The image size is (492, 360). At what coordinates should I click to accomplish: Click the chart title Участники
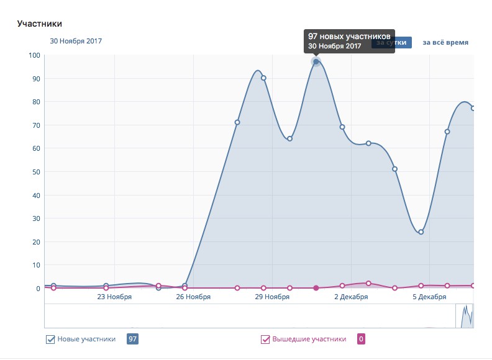pyautogui.click(x=40, y=24)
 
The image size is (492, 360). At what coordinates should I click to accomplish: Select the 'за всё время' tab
pyautogui.click(x=445, y=43)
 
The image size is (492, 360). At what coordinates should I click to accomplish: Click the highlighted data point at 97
pyautogui.click(x=316, y=61)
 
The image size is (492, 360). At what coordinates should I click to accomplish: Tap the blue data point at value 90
pyautogui.click(x=263, y=78)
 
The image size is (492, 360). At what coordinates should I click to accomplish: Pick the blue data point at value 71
pyautogui.click(x=237, y=122)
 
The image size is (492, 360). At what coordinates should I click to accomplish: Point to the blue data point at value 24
pyautogui.click(x=421, y=232)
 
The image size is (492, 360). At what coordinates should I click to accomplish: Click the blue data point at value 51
pyautogui.click(x=394, y=169)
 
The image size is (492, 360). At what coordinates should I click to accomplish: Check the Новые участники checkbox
pyautogui.click(x=51, y=340)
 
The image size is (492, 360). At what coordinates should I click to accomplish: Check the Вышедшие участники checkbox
pyautogui.click(x=265, y=340)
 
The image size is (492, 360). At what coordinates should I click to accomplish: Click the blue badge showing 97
pyautogui.click(x=132, y=339)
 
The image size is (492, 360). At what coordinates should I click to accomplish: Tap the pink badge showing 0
pyautogui.click(x=362, y=339)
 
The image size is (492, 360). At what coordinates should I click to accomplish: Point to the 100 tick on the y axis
pyautogui.click(x=34, y=55)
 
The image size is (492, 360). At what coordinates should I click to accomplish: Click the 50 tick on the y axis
pyautogui.click(x=36, y=172)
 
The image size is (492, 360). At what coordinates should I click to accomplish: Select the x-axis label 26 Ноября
pyautogui.click(x=193, y=297)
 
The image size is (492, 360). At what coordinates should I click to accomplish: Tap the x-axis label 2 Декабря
pyautogui.click(x=351, y=297)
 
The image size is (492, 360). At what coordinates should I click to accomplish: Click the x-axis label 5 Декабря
pyautogui.click(x=429, y=297)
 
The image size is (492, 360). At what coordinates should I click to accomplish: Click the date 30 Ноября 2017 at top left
pyautogui.click(x=76, y=42)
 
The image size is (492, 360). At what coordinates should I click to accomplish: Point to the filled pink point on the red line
pyautogui.click(x=316, y=288)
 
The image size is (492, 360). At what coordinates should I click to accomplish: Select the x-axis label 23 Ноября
pyautogui.click(x=114, y=297)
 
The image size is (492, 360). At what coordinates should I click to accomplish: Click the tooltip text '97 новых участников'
pyautogui.click(x=349, y=37)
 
